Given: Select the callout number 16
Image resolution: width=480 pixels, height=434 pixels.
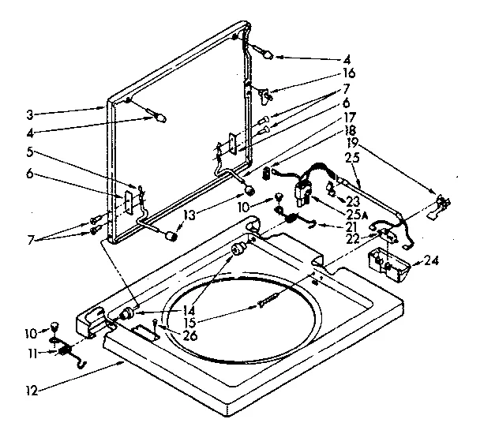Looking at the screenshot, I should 348,73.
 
